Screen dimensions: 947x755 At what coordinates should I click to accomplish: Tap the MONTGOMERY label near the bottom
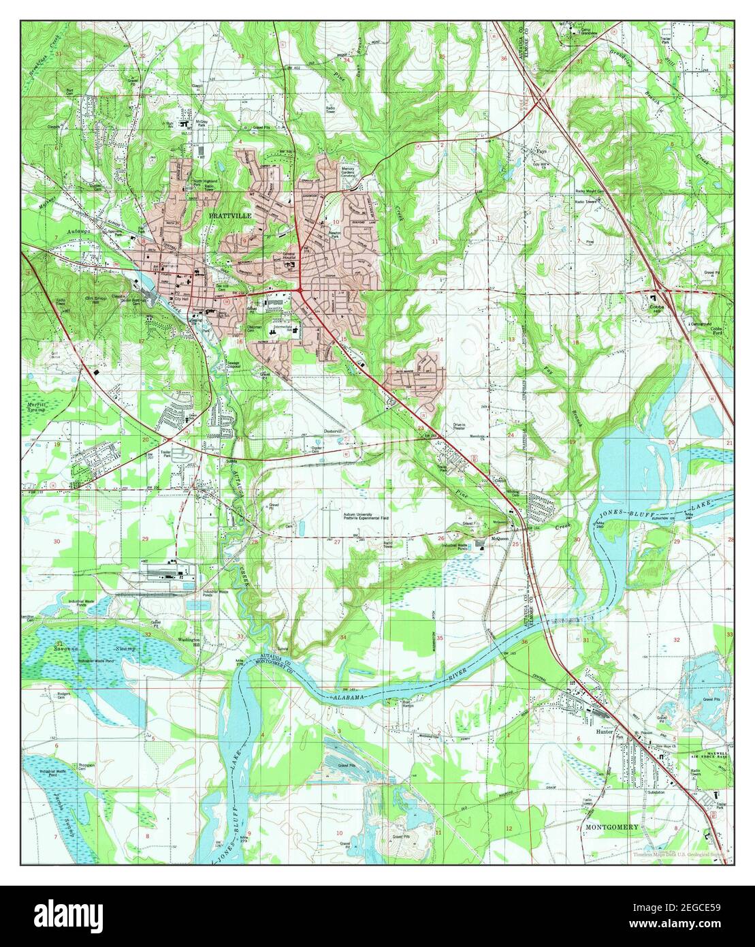(x=611, y=827)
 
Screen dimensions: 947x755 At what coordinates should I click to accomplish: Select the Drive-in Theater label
(x=464, y=427)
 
